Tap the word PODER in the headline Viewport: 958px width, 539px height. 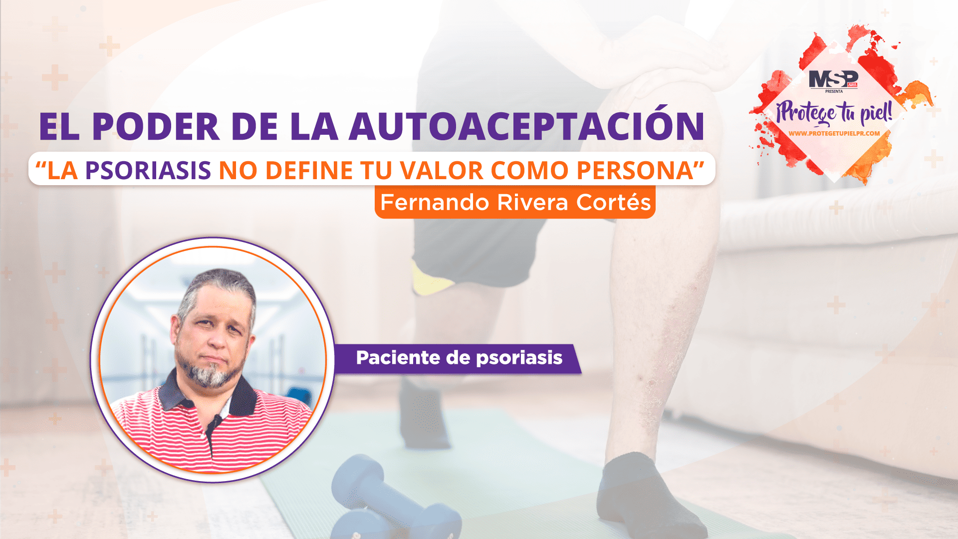(156, 126)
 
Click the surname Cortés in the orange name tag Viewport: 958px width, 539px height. (614, 202)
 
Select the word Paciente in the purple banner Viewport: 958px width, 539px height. (398, 358)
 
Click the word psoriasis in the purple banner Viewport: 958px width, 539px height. (519, 358)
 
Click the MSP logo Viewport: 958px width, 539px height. (833, 80)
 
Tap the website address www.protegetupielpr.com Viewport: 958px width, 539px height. (834, 133)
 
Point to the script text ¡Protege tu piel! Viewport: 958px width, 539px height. (834, 112)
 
